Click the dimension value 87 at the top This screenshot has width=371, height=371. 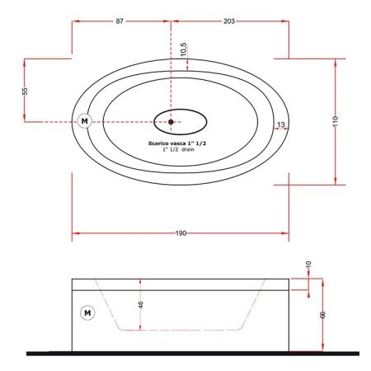click(x=120, y=21)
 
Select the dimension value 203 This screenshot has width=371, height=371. click(x=229, y=21)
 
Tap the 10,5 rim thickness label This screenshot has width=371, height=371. click(x=184, y=49)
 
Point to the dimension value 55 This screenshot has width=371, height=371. click(x=25, y=91)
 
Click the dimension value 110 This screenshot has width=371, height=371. click(x=336, y=121)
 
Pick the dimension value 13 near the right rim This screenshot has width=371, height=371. click(x=281, y=124)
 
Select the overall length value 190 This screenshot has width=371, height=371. click(x=181, y=233)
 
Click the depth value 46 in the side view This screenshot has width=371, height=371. click(x=140, y=304)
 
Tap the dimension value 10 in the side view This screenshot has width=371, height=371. click(x=308, y=265)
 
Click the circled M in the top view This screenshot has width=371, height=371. click(x=85, y=121)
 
